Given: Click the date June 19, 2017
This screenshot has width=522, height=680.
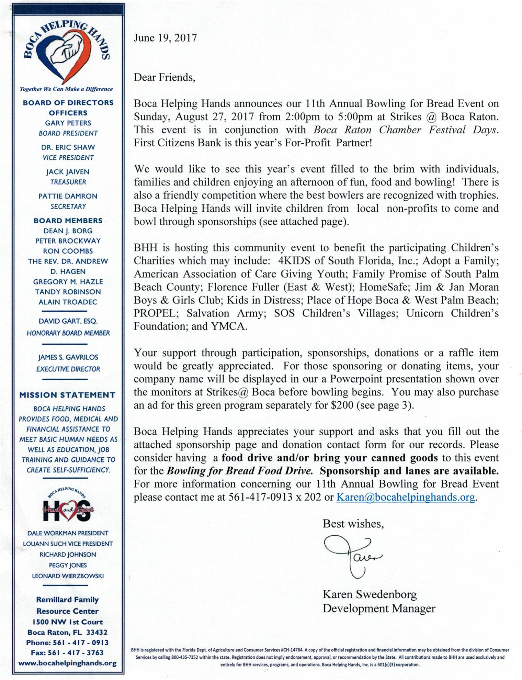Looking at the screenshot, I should (x=165, y=38).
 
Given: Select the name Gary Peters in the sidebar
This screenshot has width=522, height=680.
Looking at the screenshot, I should (x=68, y=123).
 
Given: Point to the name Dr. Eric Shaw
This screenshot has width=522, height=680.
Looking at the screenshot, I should (x=68, y=147).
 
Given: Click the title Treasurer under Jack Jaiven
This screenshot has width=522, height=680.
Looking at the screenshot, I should (x=68, y=182).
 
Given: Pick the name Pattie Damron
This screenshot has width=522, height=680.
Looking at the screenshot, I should (x=68, y=196).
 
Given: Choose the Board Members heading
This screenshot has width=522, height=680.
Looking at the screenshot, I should (x=68, y=221).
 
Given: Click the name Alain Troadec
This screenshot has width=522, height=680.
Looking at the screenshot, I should (x=68, y=302).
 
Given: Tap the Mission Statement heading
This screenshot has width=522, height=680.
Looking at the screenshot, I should (x=67, y=395).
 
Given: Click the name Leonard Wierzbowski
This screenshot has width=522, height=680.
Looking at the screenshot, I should (x=68, y=576).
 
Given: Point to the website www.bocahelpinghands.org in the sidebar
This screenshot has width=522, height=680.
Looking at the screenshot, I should (x=67, y=663).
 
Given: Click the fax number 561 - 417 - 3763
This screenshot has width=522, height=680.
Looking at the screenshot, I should (x=67, y=653).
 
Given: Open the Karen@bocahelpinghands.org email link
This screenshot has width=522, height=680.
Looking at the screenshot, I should (x=406, y=497).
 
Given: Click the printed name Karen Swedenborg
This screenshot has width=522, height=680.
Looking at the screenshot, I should (x=370, y=594).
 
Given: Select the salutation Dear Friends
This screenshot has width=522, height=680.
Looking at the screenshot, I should (x=164, y=77).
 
